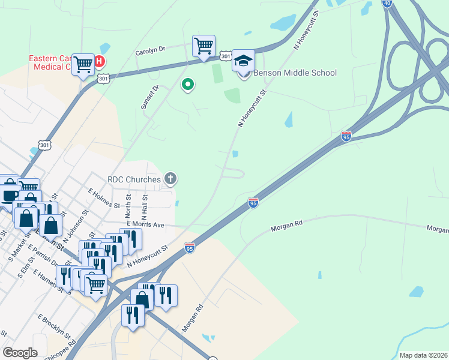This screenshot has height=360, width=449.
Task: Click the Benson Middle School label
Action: pyautogui.click(x=295, y=73)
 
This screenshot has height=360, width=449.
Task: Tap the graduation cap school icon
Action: pyautogui.click(x=243, y=61)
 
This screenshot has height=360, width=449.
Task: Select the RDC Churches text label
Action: pyautogui.click(x=134, y=179)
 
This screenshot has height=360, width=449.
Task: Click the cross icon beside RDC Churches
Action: pyautogui.click(x=171, y=178)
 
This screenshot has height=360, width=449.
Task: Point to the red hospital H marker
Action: pyautogui.click(x=99, y=61)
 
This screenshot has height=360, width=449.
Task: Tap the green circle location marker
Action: pyautogui.click(x=188, y=85)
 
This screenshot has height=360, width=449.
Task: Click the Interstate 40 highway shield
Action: pyautogui.click(x=387, y=3)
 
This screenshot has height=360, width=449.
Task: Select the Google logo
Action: pyautogui.click(x=20, y=353)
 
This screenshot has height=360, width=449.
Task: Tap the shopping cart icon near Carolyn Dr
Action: pyautogui.click(x=203, y=46)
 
